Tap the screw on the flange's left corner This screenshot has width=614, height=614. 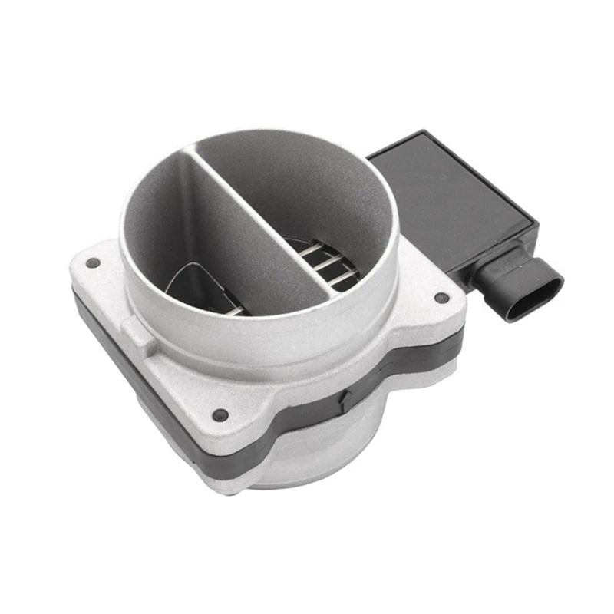point(93,262)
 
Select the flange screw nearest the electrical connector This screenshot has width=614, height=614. point(441,298)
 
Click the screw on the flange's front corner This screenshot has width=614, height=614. point(221,415)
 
